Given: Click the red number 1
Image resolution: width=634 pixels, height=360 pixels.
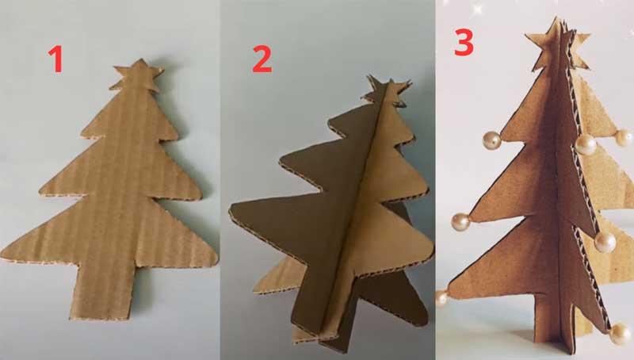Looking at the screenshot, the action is tap(55, 59).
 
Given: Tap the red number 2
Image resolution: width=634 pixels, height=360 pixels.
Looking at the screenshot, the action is tap(262, 59).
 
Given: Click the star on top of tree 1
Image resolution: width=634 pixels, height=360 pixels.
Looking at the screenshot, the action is tap(137, 76).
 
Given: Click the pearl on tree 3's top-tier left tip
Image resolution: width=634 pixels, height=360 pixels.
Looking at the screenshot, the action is tap(492, 140).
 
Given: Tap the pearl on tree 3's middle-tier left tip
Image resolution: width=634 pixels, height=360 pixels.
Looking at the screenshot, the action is tap(460, 222).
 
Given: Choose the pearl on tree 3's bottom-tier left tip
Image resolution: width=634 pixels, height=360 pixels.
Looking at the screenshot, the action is tap(442, 298).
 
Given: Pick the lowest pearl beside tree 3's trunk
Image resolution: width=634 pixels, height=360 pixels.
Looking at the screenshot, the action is tap(620, 334).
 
